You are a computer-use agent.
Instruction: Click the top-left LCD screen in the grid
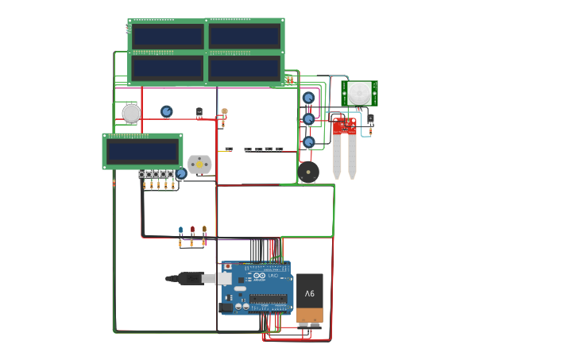(167, 37)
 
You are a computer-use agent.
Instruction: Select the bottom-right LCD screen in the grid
(244, 68)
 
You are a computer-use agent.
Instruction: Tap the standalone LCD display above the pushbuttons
(143, 151)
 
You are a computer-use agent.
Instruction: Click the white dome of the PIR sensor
(359, 92)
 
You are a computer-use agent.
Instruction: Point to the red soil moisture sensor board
(344, 126)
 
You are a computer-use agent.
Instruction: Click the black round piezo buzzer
(308, 172)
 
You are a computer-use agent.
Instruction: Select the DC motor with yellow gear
(199, 164)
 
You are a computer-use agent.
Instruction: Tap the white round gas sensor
(131, 114)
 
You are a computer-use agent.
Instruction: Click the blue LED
(180, 230)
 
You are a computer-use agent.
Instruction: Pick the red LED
(192, 230)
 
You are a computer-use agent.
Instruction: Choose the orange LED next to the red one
(204, 230)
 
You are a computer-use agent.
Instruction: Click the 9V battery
(310, 299)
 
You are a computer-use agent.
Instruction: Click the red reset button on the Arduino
(226, 266)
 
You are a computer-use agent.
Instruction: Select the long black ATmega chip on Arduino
(269, 299)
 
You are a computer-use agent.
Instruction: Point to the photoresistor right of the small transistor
(224, 112)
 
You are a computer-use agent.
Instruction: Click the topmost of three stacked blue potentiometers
(308, 98)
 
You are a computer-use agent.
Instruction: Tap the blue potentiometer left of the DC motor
(181, 173)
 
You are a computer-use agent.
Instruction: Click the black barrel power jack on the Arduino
(226, 307)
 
